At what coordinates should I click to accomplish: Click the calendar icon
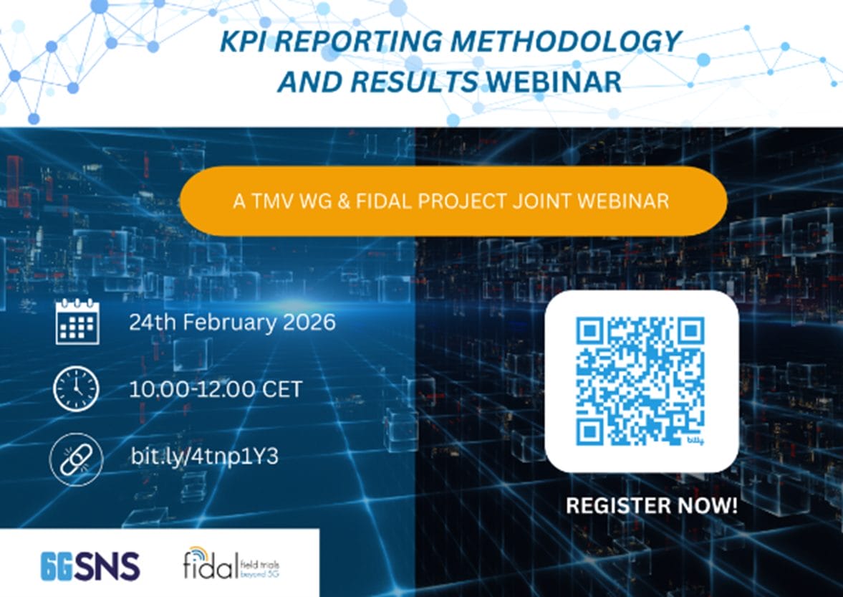(x=77, y=323)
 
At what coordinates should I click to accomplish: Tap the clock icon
(x=76, y=389)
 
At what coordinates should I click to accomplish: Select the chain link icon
(x=77, y=457)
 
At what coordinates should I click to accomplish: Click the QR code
(x=641, y=380)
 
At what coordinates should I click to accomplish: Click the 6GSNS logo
(x=90, y=566)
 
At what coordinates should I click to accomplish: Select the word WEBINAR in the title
(x=554, y=82)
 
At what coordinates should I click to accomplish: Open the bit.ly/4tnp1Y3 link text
(x=204, y=457)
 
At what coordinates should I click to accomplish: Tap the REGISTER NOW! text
(x=650, y=505)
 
